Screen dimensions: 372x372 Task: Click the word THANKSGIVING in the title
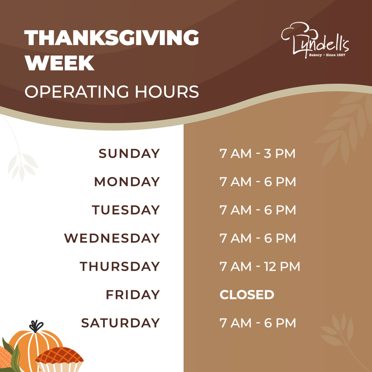(112, 38)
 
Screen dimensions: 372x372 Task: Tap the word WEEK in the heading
(60, 63)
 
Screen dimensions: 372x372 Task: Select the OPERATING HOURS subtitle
(112, 92)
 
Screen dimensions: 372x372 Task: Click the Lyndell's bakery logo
(315, 40)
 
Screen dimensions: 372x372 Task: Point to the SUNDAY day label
(129, 154)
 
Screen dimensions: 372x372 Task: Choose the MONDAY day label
(127, 182)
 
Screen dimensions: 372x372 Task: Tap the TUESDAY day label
(126, 210)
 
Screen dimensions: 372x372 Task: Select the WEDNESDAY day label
(112, 238)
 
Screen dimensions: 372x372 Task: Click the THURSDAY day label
(120, 266)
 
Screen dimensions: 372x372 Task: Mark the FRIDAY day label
(133, 294)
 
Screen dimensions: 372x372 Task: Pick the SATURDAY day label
(120, 323)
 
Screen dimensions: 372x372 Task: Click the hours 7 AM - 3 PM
(257, 154)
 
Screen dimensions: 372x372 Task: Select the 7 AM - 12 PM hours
(260, 266)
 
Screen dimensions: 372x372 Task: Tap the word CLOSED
(247, 294)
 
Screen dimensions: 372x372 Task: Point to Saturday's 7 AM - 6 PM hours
(258, 323)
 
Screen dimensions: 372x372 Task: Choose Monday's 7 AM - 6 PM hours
(258, 182)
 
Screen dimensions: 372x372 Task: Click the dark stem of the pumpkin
(36, 327)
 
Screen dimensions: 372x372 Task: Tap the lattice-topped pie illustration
(60, 359)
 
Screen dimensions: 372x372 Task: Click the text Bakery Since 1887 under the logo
(327, 55)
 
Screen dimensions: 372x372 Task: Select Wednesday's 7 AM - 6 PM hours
(258, 238)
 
